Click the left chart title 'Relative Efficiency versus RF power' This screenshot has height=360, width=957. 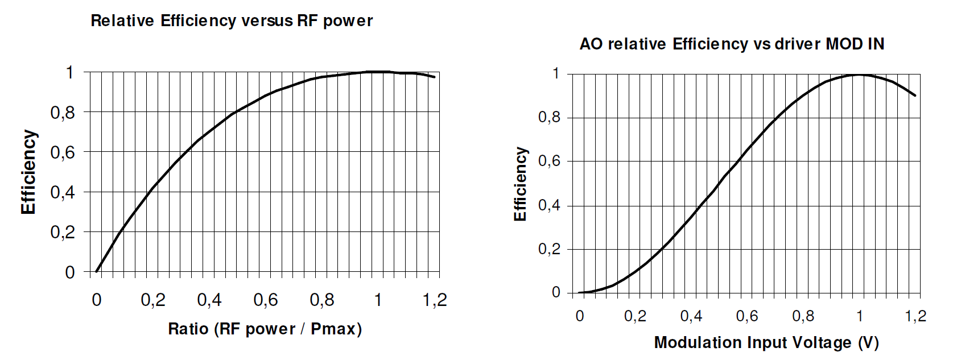[232, 21]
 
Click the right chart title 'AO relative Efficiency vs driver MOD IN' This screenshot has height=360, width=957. [732, 44]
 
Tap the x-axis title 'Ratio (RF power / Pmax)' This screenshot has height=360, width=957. [265, 329]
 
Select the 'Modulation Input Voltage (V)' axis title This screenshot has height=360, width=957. [766, 342]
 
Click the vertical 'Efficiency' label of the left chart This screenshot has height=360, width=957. [28, 172]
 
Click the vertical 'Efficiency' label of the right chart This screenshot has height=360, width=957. [521, 184]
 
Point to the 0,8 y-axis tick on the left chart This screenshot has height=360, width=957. [63, 113]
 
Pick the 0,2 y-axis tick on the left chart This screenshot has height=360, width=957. [63, 232]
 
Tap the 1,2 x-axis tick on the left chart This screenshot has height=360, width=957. [435, 300]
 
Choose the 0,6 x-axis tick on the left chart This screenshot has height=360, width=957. [266, 300]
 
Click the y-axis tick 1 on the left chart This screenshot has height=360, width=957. [70, 72]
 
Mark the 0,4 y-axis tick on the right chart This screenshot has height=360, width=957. [549, 205]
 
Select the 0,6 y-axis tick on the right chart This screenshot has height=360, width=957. [549, 162]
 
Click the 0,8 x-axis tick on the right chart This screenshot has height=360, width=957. [803, 316]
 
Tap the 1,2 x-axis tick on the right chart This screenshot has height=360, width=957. [915, 316]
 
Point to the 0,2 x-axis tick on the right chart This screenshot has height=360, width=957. [635, 316]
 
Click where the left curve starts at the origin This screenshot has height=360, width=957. [97, 271]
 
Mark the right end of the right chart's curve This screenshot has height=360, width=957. [915, 95]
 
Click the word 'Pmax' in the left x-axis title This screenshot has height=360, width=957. [333, 329]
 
